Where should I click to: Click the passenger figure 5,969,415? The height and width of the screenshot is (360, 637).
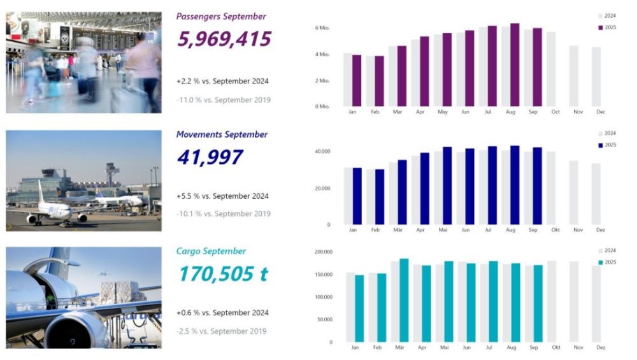click(x=224, y=40)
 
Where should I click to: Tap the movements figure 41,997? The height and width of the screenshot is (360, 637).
click(x=210, y=157)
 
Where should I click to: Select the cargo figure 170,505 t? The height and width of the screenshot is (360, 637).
click(x=223, y=274)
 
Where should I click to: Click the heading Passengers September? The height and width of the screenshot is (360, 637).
click(x=221, y=17)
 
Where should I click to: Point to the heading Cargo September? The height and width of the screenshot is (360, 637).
click(x=211, y=251)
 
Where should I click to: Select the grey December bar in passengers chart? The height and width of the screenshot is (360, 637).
click(x=596, y=76)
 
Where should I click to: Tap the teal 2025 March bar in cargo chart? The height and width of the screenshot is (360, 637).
click(x=403, y=300)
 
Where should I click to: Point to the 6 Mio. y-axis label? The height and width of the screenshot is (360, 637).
click(x=322, y=28)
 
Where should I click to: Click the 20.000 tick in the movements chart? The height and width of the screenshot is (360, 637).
click(x=322, y=189)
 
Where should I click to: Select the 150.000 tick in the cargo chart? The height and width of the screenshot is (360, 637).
click(x=323, y=275)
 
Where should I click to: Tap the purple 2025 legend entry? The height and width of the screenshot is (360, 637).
click(x=606, y=27)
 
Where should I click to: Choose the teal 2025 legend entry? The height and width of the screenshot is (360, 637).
click(x=606, y=262)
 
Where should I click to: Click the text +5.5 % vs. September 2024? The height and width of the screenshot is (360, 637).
click(x=222, y=196)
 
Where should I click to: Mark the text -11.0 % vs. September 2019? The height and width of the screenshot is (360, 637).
click(x=223, y=99)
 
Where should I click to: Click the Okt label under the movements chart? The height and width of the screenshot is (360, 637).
click(x=555, y=229)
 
